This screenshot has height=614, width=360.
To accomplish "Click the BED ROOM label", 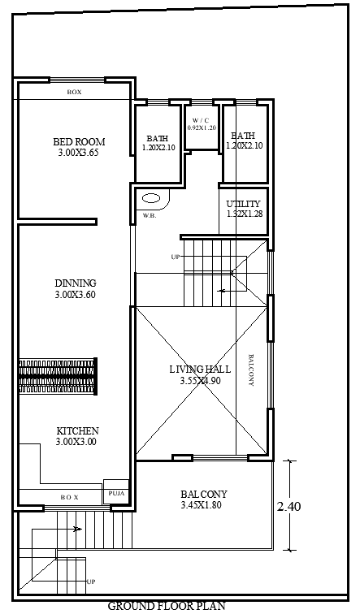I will [79, 141].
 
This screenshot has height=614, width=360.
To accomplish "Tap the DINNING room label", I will [76, 283].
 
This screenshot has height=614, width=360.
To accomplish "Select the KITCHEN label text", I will [78, 430].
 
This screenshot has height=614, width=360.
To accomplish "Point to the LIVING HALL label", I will [200, 369].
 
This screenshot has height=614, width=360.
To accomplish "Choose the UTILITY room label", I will [244, 204].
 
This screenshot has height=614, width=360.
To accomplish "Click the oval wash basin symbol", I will [151, 197].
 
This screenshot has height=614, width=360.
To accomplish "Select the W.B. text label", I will [150, 216].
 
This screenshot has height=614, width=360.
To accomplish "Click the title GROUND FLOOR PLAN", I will [167, 606].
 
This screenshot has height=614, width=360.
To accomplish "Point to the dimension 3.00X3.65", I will [79, 153].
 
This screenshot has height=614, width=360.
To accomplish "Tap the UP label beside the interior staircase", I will [175, 257].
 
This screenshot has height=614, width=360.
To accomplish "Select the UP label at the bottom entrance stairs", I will [91, 582].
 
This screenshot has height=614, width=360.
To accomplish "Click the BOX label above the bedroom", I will [75, 93].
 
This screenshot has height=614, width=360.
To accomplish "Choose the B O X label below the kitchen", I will [69, 496].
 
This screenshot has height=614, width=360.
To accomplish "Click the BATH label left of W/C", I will [158, 137].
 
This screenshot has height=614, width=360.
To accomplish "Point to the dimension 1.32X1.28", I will [244, 214].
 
